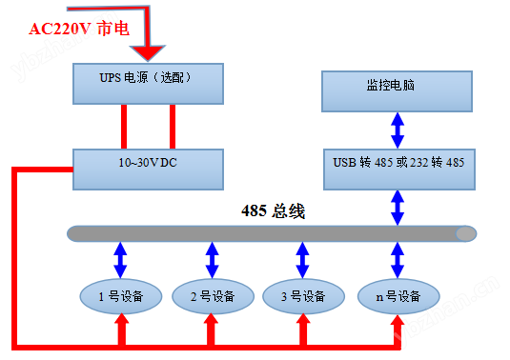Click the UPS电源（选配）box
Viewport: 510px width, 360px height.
click(148, 83)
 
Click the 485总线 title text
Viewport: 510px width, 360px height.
click(273, 210)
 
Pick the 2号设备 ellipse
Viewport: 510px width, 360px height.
click(211, 295)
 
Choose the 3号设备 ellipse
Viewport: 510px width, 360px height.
click(302, 295)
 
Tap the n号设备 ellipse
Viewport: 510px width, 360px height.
click(396, 295)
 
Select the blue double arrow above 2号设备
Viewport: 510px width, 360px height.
click(211, 258)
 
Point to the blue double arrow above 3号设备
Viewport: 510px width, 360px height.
click(302, 258)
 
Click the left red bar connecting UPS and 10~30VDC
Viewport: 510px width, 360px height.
click(124, 126)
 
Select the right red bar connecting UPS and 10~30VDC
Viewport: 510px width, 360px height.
click(173, 126)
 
